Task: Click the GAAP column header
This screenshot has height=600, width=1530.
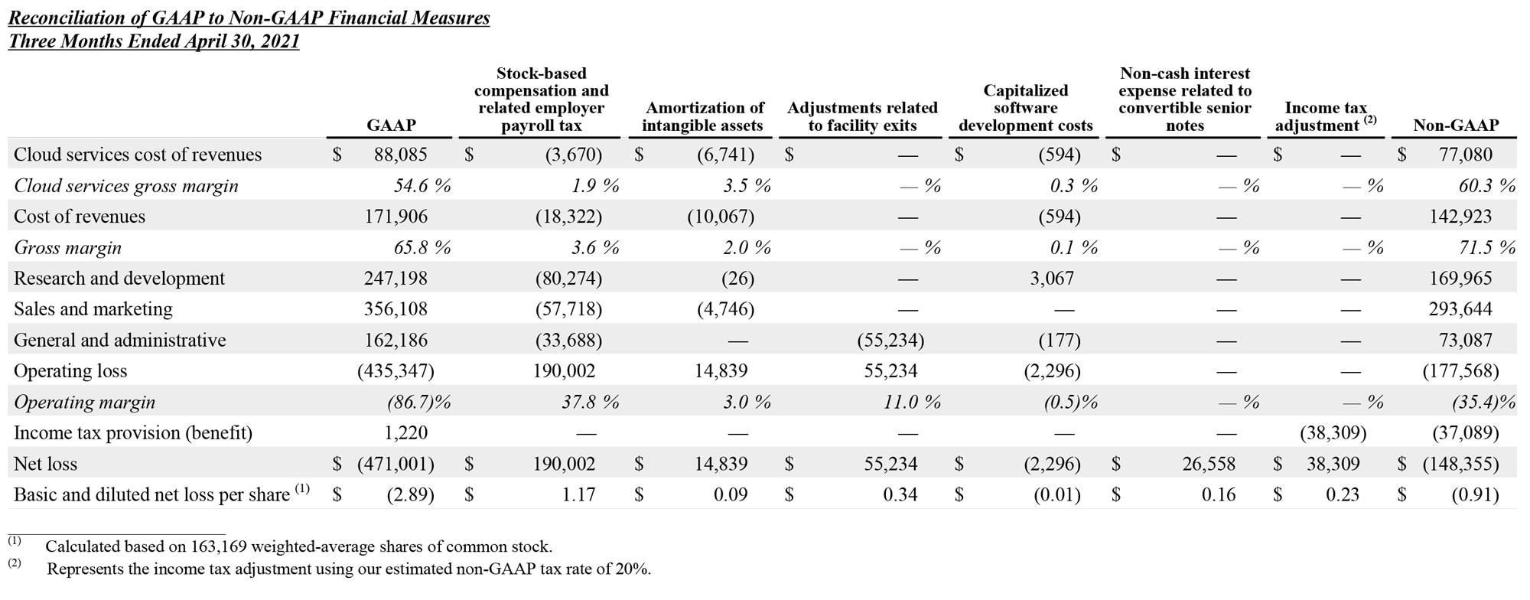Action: point(391,125)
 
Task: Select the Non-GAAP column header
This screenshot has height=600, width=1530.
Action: point(1455,125)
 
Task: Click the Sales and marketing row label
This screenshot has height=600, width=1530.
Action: point(93,309)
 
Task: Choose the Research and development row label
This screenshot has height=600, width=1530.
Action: point(119,279)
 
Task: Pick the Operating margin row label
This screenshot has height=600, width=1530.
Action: point(84,402)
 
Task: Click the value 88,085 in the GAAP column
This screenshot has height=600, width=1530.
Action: point(400,155)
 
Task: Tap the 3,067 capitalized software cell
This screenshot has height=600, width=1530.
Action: point(1052,279)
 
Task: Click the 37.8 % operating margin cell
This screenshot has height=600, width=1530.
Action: point(590,402)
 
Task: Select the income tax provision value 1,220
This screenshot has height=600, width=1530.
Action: point(405,432)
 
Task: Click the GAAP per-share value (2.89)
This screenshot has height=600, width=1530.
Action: point(410,494)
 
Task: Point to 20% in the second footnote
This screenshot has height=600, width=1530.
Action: point(633,569)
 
